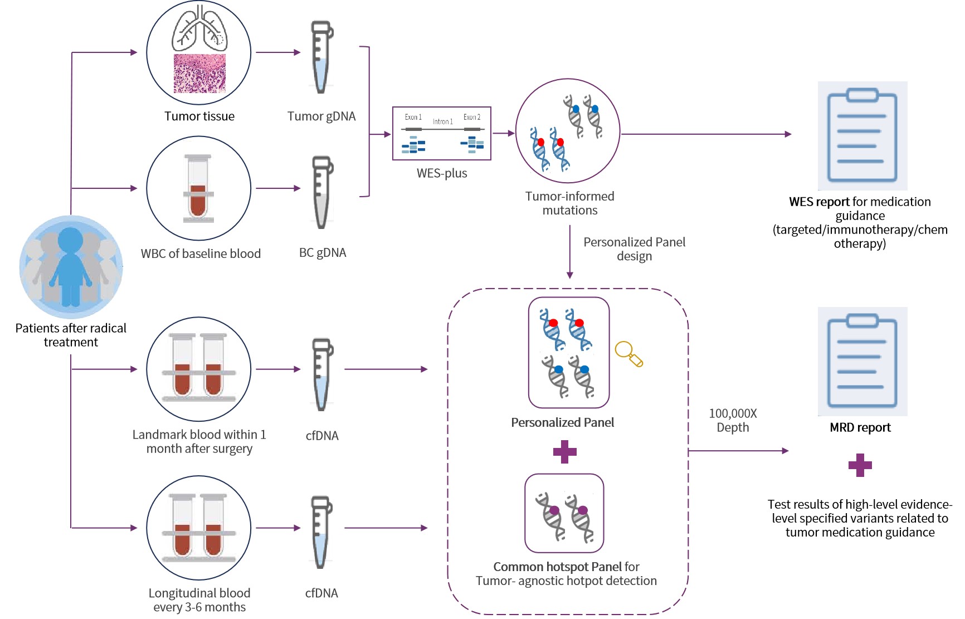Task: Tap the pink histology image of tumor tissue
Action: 199,74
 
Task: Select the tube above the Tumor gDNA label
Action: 321,57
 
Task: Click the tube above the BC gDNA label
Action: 321,192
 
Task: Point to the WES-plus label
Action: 442,173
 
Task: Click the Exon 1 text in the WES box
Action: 413,117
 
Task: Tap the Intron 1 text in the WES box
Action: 443,121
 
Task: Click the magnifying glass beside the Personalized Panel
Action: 628,353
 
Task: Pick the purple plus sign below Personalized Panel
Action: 564,451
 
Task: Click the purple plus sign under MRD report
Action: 860,465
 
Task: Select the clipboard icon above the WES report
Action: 862,135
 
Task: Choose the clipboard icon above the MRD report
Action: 862,361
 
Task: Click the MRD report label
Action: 860,427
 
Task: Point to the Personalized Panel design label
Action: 634,249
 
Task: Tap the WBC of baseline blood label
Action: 201,254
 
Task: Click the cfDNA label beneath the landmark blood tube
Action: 322,436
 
